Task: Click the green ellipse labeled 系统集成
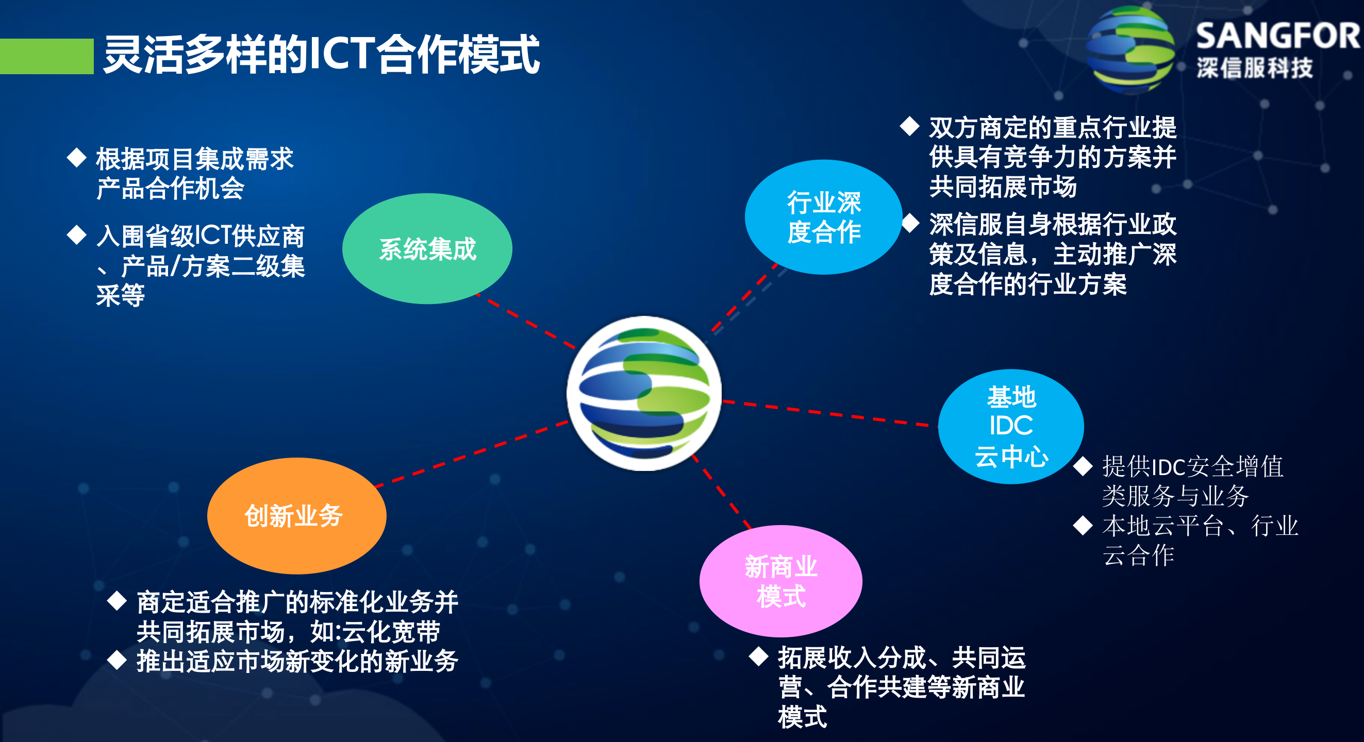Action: [427, 249]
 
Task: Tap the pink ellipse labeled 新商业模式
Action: [780, 581]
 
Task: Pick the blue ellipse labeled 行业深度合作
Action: [823, 217]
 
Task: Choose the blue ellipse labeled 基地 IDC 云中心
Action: [1010, 426]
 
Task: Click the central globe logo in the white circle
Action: [644, 393]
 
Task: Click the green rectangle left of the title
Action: [46, 56]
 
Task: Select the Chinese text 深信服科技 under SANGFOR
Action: [1254, 68]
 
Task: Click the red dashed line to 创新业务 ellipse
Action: [471, 453]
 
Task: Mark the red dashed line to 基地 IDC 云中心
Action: [826, 413]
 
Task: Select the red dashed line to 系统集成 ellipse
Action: [527, 323]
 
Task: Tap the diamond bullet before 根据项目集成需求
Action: [77, 157]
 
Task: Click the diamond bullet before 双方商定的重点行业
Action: [909, 126]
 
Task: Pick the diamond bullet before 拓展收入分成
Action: [758, 656]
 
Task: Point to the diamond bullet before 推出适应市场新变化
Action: [117, 660]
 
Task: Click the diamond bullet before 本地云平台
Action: [1083, 525]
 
